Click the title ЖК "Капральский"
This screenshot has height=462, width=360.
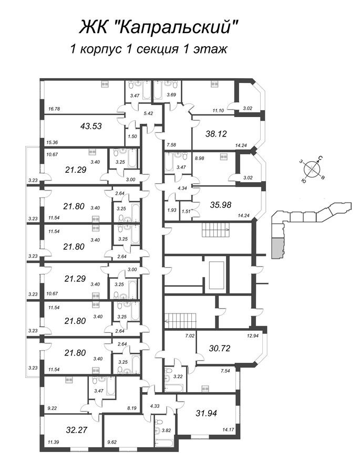tap(158, 27)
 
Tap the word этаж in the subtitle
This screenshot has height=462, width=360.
tap(210, 49)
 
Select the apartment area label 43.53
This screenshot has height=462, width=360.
tap(91, 126)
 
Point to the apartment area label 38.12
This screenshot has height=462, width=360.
tap(216, 134)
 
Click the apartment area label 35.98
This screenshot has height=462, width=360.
tap(221, 204)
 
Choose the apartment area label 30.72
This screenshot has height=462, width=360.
tap(219, 348)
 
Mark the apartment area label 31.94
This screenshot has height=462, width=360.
tap(207, 413)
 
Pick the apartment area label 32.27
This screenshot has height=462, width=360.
tap(77, 429)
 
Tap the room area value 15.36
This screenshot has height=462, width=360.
tap(52, 142)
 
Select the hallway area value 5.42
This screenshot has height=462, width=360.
tap(148, 113)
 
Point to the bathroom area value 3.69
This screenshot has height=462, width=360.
tap(172, 95)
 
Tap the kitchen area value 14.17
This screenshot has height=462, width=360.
tap(229, 429)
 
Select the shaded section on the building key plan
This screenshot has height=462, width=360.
tap(277, 248)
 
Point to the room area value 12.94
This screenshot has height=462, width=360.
tap(252, 335)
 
